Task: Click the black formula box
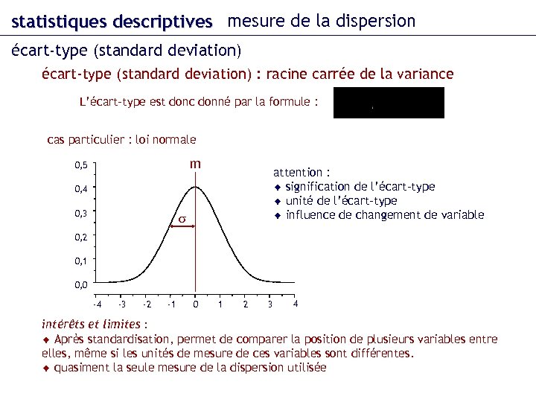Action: [x=389, y=103]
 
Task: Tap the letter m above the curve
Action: [x=195, y=164]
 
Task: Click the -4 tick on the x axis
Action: [x=97, y=304]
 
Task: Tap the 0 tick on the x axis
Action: [x=195, y=304]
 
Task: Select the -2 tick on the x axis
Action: [x=147, y=304]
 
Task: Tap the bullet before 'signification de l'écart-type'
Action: [x=277, y=187]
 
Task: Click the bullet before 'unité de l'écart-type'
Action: [x=277, y=201]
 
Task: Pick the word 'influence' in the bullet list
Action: [x=311, y=215]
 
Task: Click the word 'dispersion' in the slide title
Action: [x=375, y=22]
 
